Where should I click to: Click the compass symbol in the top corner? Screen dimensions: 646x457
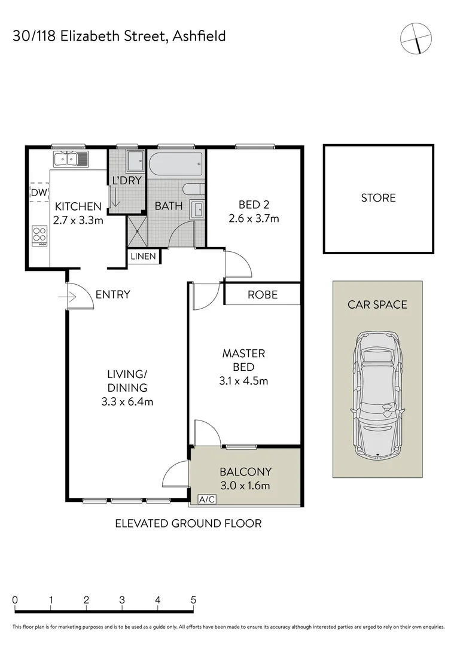416,38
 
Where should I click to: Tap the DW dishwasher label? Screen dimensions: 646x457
39,192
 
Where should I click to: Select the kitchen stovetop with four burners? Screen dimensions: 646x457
40,235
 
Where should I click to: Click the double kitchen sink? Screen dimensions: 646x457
71,159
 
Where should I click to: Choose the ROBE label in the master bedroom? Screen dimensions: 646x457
262,294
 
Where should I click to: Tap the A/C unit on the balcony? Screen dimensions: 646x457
206,499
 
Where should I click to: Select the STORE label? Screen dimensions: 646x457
378,197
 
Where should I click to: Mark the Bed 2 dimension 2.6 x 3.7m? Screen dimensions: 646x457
254,218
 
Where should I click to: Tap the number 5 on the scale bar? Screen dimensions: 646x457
193,600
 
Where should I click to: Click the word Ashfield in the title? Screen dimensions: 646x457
199,36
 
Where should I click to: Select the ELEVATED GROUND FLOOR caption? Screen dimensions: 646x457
188,523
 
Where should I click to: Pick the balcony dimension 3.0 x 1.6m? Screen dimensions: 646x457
245,486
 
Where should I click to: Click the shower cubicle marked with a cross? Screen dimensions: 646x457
136,230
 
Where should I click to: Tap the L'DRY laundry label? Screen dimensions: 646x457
126,180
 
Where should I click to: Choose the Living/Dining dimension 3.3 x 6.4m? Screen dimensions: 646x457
127,401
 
